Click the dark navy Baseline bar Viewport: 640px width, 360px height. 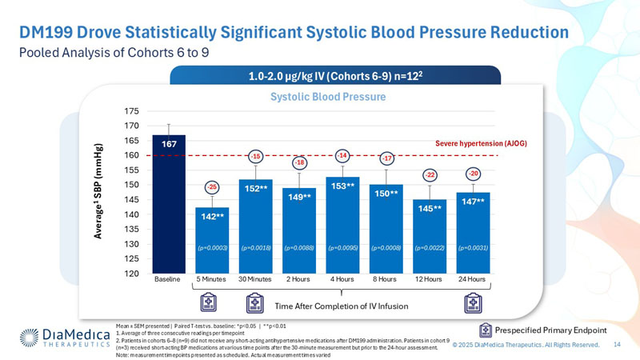tap(169, 204)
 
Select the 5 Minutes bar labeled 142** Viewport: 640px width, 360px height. tap(212, 240)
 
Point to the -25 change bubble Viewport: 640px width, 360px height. tap(212, 186)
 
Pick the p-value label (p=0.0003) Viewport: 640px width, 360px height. tap(212, 249)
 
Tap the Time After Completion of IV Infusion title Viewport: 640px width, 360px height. tap(342, 306)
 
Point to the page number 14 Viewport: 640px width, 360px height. tap(617, 344)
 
